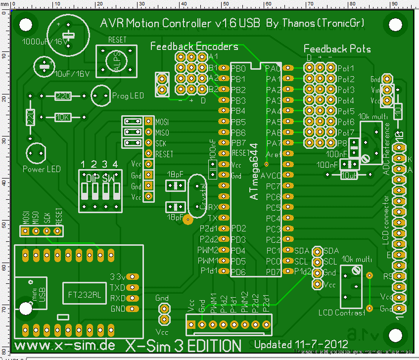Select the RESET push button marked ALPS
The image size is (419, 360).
[x=116, y=61]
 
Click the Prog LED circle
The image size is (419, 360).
[x=100, y=95]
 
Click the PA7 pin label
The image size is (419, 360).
[x=273, y=143]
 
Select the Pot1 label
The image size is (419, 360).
[x=346, y=68]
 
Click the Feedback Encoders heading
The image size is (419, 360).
[x=194, y=46]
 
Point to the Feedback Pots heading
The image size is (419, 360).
[x=337, y=48]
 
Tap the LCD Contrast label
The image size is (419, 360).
[x=342, y=313]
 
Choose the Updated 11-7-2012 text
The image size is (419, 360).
[x=300, y=344]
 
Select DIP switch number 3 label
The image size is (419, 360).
[x=104, y=164]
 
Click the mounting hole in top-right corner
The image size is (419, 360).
[x=395, y=24]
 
